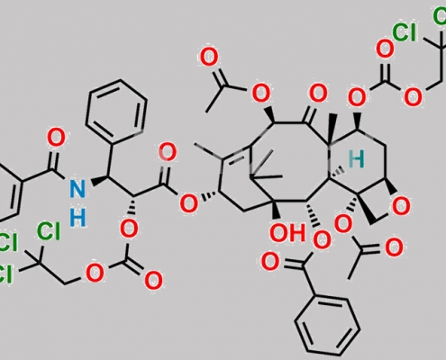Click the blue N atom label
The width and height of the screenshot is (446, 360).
click(x=77, y=188)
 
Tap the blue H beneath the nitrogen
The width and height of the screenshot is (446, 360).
click(x=77, y=218)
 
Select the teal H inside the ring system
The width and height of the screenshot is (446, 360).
click(x=357, y=158)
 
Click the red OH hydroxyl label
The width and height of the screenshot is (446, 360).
click(x=287, y=233)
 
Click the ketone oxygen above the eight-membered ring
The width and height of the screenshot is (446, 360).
click(x=318, y=94)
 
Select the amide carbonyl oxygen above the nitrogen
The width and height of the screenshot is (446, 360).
click(x=56, y=138)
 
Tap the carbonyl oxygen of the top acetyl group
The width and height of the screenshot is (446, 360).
click(x=209, y=58)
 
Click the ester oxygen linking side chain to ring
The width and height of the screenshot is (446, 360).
click(x=188, y=203)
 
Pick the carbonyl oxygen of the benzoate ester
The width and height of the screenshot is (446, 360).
click(x=270, y=262)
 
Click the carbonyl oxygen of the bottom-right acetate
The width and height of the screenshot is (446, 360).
click(x=394, y=247)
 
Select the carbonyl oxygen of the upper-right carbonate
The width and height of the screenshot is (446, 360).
click(x=385, y=49)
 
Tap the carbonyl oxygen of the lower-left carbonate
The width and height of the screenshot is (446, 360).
click(x=153, y=281)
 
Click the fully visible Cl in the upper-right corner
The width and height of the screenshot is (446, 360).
click(x=405, y=32)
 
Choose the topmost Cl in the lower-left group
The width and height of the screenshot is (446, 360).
click(x=48, y=231)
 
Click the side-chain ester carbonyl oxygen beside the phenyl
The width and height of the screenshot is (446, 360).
click(x=168, y=152)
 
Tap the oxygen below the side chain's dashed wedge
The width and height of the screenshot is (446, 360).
click(x=129, y=229)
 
